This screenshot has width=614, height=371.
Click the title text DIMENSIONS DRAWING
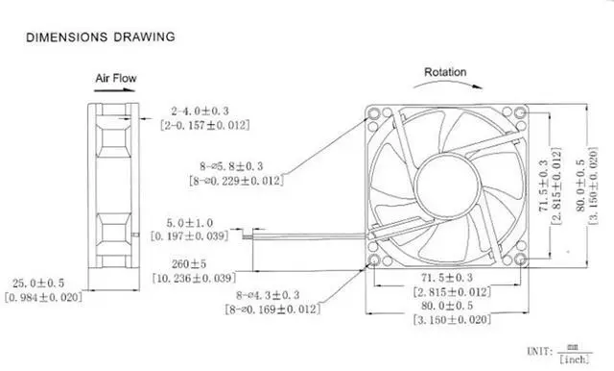click(x=101, y=37)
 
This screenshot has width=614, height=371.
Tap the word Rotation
click(x=444, y=72)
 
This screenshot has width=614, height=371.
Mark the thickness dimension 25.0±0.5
click(x=45, y=284)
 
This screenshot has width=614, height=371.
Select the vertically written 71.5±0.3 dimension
click(x=545, y=183)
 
